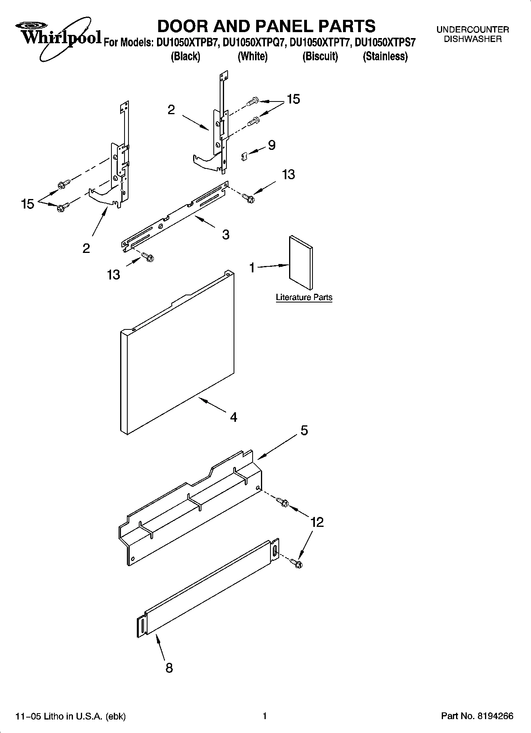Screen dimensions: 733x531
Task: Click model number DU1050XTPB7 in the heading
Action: (x=188, y=42)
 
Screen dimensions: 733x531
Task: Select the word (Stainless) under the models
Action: (x=385, y=56)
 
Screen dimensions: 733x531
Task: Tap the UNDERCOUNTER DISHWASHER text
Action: (x=472, y=34)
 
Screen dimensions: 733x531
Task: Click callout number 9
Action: (x=272, y=145)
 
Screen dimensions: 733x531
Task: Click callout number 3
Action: (x=225, y=235)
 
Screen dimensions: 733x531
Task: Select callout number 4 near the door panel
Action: (x=234, y=417)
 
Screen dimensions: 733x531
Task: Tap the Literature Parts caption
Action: (x=304, y=297)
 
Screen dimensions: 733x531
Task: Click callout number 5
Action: (x=304, y=431)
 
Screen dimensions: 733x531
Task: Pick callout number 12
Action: (x=317, y=522)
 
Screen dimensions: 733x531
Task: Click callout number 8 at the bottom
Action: (x=169, y=668)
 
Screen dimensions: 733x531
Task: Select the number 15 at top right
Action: (x=293, y=99)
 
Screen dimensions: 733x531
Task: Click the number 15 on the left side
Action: (x=27, y=204)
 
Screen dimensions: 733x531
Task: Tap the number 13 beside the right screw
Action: (x=288, y=174)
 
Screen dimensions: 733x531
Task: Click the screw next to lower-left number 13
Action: (x=148, y=258)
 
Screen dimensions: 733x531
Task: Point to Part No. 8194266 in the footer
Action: (x=477, y=716)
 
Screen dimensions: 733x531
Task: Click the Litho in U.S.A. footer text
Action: (x=70, y=716)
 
